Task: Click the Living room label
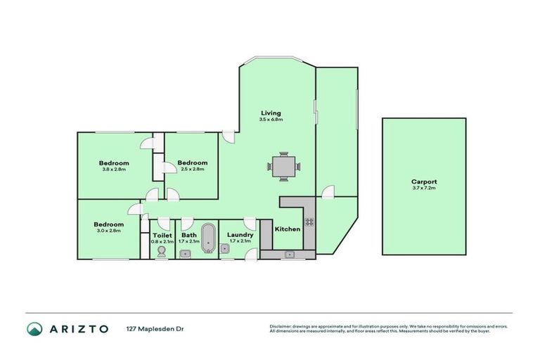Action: pos(271,112)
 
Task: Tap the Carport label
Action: pos(424,181)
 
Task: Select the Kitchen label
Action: pos(287,229)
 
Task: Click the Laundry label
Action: pos(240,235)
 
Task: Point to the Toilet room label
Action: pos(162,236)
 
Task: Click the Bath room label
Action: pos(189,236)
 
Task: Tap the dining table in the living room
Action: pos(283,167)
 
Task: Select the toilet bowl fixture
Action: pos(162,251)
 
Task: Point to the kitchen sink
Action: pos(289,254)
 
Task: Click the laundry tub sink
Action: pos(225,248)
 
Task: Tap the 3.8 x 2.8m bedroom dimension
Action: pos(114,169)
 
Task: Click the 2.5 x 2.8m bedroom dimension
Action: pos(192,169)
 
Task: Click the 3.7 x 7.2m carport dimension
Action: pos(424,188)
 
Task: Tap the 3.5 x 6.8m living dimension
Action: pos(271,120)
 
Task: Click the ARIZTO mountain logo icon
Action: pos(34,328)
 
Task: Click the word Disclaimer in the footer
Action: pos(281,326)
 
